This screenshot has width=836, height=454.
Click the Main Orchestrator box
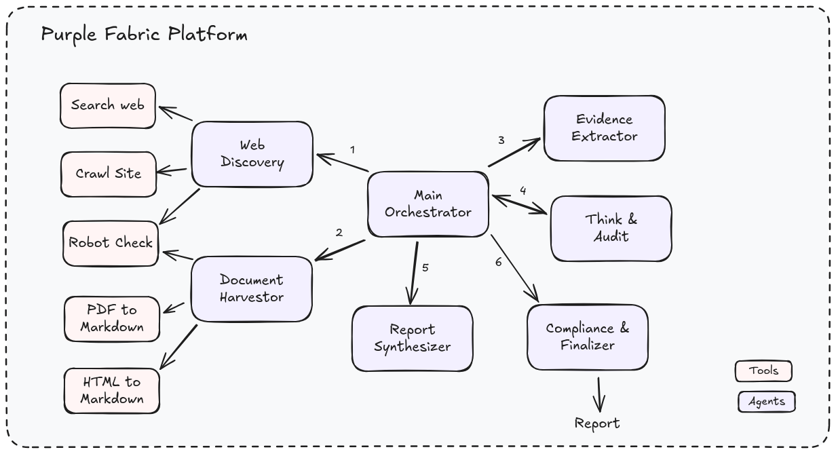pyautogui.click(x=427, y=204)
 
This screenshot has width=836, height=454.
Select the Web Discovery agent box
pyautogui.click(x=252, y=154)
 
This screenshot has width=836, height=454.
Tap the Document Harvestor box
pyautogui.click(x=252, y=288)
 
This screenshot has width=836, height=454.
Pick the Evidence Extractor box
pyautogui.click(x=604, y=128)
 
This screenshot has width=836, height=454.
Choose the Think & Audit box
pyautogui.click(x=611, y=229)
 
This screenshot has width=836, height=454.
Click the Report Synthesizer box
pyautogui.click(x=412, y=338)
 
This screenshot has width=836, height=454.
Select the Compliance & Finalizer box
pyautogui.click(x=588, y=337)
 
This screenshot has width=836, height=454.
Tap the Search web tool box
pyautogui.click(x=108, y=106)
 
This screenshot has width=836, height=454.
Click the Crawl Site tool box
pyautogui.click(x=109, y=174)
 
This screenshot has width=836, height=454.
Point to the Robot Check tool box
pyautogui.click(x=111, y=243)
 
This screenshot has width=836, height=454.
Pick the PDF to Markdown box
pyautogui.click(x=112, y=318)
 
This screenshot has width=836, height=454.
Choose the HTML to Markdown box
pyautogui.click(x=112, y=390)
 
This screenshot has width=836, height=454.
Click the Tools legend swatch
pyautogui.click(x=763, y=371)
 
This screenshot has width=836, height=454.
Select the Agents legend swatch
pyautogui.click(x=766, y=402)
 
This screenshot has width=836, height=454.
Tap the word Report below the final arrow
pyautogui.click(x=597, y=423)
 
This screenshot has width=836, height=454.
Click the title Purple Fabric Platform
pyautogui.click(x=144, y=34)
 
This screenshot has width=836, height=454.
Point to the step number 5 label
pyautogui.click(x=425, y=267)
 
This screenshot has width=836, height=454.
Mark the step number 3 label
pyautogui.click(x=501, y=140)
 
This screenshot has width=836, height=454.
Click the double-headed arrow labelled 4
pyautogui.click(x=519, y=204)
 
